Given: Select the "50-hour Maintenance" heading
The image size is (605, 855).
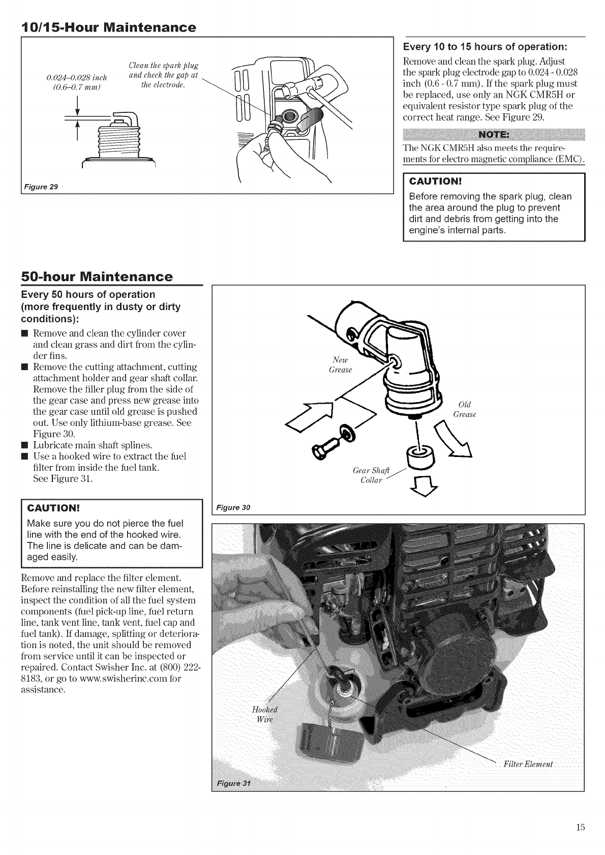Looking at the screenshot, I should coord(97,277).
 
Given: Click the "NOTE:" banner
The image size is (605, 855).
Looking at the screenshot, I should coord(494,136).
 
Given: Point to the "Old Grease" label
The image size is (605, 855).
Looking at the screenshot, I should coord(464,410).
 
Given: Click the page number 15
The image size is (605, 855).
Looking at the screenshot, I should coord(580,827).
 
